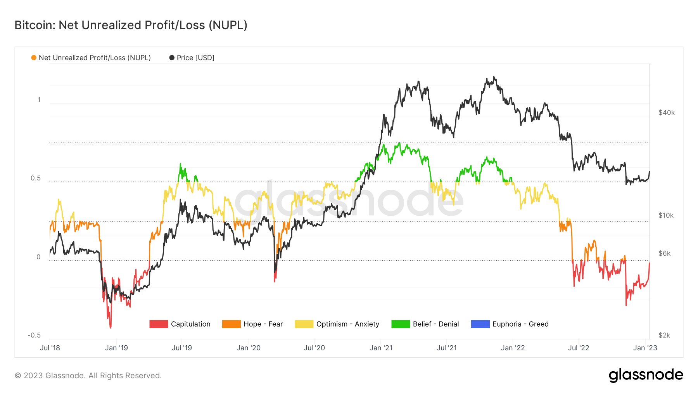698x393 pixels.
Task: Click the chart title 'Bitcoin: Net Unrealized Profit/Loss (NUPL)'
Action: (131, 25)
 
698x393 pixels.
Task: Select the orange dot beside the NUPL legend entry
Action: (34, 58)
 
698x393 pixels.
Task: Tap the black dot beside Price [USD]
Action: (172, 58)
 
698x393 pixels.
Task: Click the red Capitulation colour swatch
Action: (159, 324)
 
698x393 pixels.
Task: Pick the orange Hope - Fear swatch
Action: (231, 324)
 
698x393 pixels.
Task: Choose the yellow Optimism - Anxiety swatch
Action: (304, 324)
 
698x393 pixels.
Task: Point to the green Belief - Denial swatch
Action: (401, 324)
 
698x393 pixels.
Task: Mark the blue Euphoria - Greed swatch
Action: (480, 324)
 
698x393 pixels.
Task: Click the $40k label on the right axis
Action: (666, 113)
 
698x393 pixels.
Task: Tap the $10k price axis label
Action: (666, 215)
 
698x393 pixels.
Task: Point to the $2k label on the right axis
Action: (664, 335)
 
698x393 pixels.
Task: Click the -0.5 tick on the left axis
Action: (34, 335)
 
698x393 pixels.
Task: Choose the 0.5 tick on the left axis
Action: (36, 178)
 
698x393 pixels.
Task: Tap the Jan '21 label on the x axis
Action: (381, 348)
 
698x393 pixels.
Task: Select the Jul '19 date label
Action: (182, 348)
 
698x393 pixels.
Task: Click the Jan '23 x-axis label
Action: (645, 348)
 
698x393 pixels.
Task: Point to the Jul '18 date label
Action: (50, 348)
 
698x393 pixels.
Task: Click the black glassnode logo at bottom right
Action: (646, 375)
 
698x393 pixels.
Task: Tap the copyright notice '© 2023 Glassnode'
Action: (88, 376)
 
